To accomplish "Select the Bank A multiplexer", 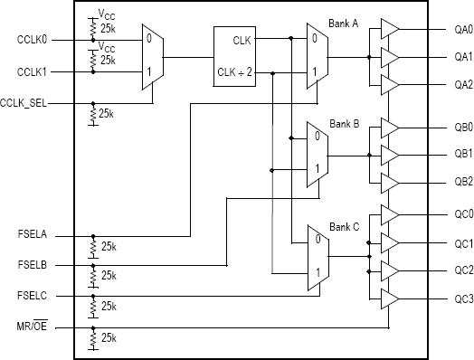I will pyautogui.click(x=317, y=56).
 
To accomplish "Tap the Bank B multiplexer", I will pyautogui.click(x=317, y=154).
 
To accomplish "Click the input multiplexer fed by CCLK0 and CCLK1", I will pyautogui.click(x=152, y=56).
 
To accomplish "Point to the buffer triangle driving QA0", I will pyautogui.click(x=388, y=29).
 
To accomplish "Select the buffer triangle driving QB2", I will pyautogui.click(x=388, y=180).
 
